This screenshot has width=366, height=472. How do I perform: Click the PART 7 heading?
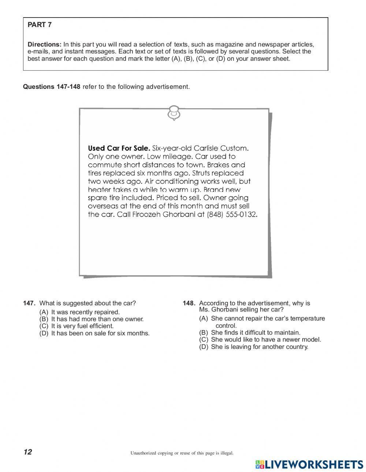pos(40,25)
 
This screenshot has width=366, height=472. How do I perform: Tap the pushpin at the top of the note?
pos(174,113)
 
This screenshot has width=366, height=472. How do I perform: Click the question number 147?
pos(29,303)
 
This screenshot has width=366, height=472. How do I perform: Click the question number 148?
pos(189,303)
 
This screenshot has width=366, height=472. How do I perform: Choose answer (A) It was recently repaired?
pos(79,312)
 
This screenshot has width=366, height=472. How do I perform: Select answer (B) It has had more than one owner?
pos(91,319)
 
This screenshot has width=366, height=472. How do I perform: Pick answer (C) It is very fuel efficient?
pos(76,326)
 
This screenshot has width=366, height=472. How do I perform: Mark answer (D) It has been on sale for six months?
pos(94,333)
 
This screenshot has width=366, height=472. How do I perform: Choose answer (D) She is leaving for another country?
pos(254,347)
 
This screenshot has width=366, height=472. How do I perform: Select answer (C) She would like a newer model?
pos(260,339)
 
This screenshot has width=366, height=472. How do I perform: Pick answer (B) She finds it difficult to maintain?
pos(250,332)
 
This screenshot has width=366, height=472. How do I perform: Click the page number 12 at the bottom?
pos(28,452)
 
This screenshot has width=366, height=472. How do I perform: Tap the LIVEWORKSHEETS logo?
pos(309,464)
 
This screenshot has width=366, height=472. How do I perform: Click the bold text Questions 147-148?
pos(51,87)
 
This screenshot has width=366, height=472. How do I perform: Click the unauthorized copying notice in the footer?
pos(182,453)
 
